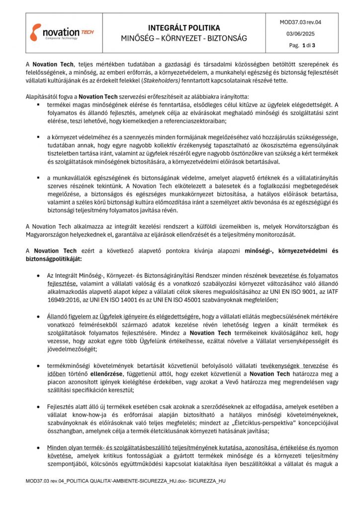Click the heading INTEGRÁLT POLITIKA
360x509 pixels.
[184, 28]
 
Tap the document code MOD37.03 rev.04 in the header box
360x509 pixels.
[300, 22]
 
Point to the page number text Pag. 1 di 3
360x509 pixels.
[302, 45]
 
